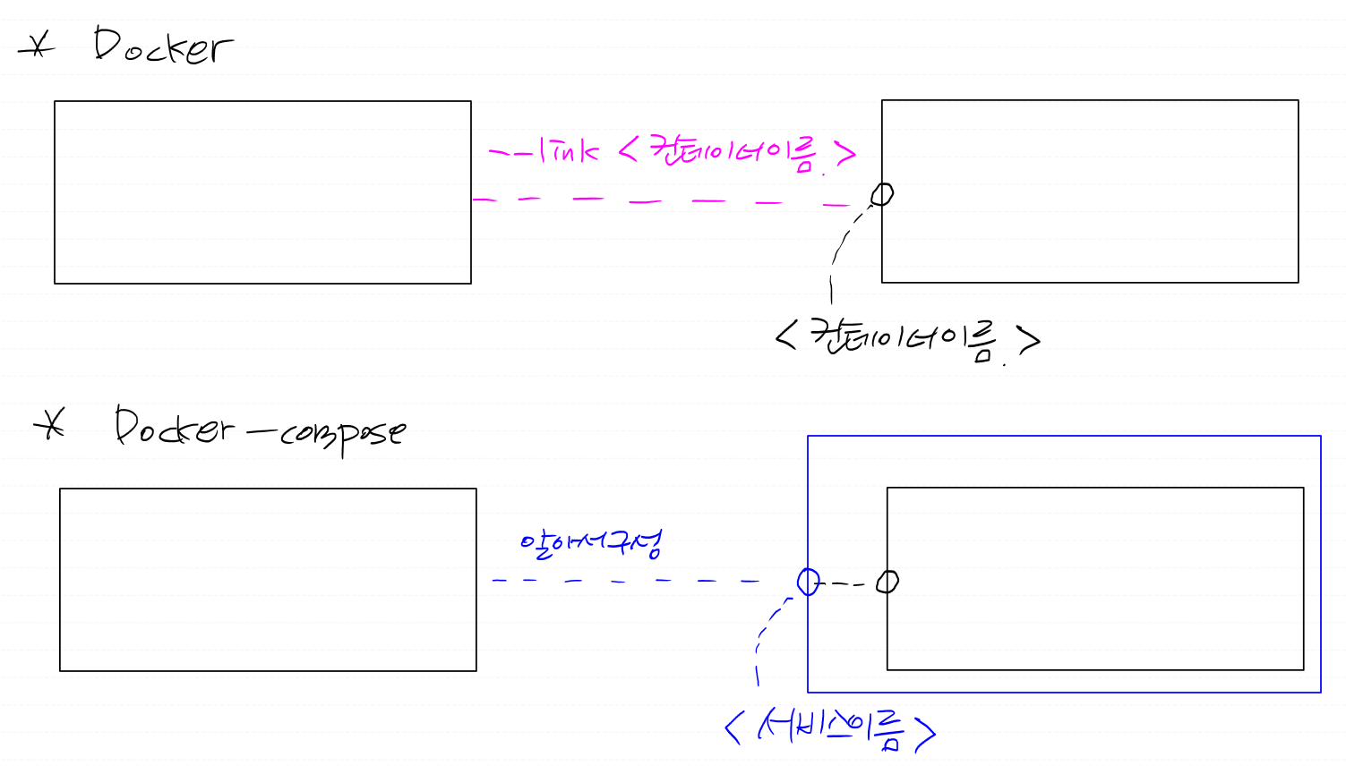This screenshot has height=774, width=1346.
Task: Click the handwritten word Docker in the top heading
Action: [x=163, y=47]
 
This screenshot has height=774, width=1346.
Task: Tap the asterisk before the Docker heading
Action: [x=37, y=46]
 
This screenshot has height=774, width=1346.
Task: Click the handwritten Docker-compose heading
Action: [x=260, y=430]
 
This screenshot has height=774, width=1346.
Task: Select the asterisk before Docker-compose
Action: [x=51, y=425]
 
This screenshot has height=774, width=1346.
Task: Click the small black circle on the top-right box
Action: [x=883, y=193]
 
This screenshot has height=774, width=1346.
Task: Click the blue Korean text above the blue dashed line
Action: [x=591, y=542]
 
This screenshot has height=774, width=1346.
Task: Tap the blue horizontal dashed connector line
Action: [x=627, y=581]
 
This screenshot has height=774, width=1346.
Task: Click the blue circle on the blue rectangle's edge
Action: [x=808, y=582]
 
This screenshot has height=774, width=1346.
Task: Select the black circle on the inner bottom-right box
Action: [x=887, y=582]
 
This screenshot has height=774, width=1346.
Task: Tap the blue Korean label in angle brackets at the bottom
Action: [x=829, y=728]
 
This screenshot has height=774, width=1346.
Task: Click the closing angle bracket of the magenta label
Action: [x=845, y=155]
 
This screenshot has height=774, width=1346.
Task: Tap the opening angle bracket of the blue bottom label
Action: [x=734, y=727]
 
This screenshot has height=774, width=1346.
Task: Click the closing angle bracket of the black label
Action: [x=1029, y=340]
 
